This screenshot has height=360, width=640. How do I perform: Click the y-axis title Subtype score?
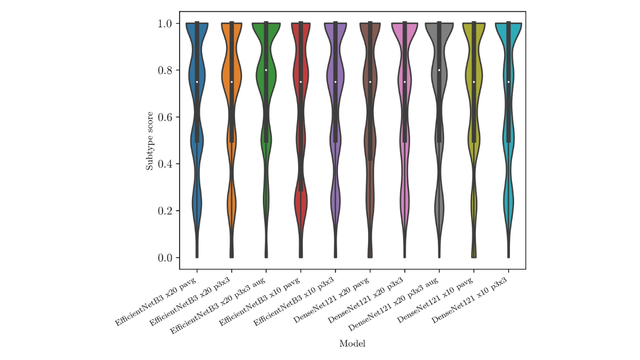point(150,141)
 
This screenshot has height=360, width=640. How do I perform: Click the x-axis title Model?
point(352,344)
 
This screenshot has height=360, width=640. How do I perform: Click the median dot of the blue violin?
point(197,82)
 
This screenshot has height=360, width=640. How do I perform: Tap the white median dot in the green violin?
point(266,70)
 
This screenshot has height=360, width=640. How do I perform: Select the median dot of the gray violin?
point(439,70)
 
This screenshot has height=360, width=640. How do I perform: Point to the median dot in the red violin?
point(301,82)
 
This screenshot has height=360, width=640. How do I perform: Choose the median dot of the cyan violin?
point(508,82)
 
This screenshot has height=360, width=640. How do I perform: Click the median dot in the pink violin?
point(404,82)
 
